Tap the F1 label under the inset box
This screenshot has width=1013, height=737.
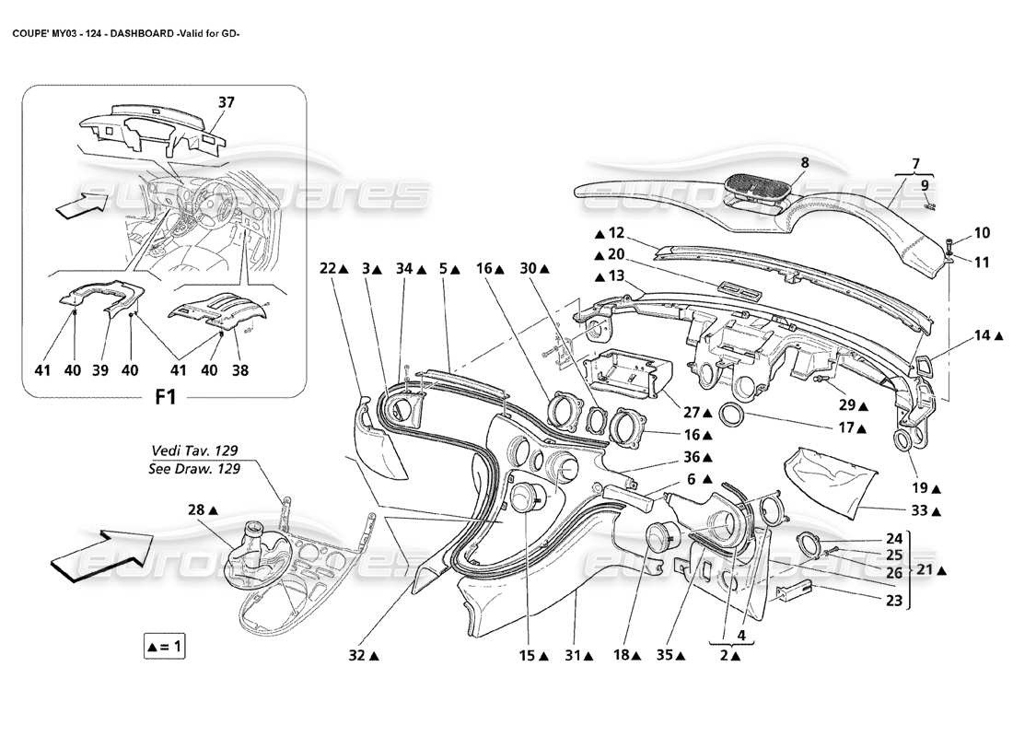point(166,399)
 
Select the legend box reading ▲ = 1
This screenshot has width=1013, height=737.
point(165,648)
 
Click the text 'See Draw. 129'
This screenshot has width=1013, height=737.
point(193,468)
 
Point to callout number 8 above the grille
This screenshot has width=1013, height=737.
point(804,163)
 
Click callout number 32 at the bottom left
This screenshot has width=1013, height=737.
point(356,656)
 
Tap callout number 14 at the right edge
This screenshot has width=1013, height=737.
point(984,337)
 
